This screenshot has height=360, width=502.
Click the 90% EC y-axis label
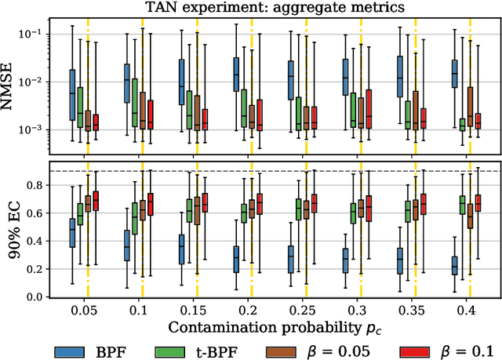[10, 231]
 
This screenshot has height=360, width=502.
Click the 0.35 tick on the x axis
[408, 308]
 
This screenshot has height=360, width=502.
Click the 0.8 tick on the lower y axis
[34, 185]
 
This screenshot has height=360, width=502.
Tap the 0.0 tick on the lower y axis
[34, 297]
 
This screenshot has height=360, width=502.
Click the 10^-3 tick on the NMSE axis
[31, 130]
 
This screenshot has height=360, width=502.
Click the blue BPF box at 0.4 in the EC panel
[453, 265]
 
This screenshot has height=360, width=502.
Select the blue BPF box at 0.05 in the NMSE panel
[72, 94]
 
